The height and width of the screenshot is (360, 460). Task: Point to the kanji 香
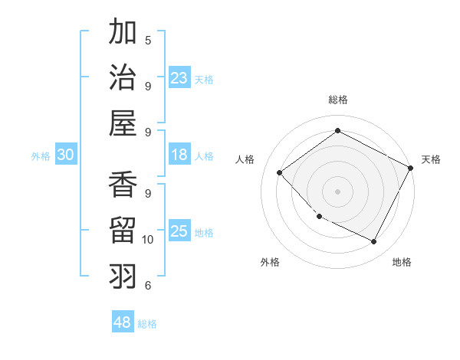[123, 185]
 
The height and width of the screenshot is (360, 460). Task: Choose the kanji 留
[123, 230]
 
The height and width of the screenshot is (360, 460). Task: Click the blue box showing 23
[179, 77]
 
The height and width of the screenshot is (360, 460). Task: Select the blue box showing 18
[179, 155]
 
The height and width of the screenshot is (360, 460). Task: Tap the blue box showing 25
[179, 231]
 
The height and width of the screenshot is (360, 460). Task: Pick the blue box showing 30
[65, 155]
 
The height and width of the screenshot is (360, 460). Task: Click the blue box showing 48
[123, 322]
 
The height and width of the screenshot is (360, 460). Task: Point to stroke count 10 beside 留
[148, 240]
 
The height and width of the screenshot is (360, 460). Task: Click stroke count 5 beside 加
[148, 39]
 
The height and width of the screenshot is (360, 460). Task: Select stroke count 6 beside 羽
[148, 286]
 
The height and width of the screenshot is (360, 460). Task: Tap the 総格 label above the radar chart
[337, 100]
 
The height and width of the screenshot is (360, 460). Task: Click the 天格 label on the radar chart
[431, 159]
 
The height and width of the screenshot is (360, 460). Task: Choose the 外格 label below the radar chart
[270, 262]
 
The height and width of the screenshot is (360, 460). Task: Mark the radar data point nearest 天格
[411, 168]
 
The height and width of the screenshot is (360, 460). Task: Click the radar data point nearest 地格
[374, 242]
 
